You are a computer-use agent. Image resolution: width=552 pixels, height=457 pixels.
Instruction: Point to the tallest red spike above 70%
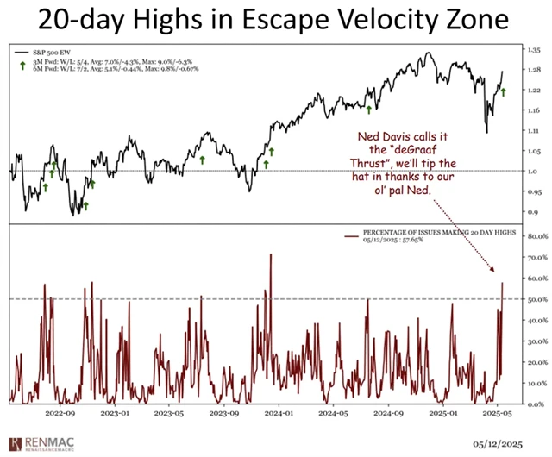[x=271, y=255]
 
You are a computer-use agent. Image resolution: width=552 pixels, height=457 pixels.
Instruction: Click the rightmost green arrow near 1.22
[x=503, y=91]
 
